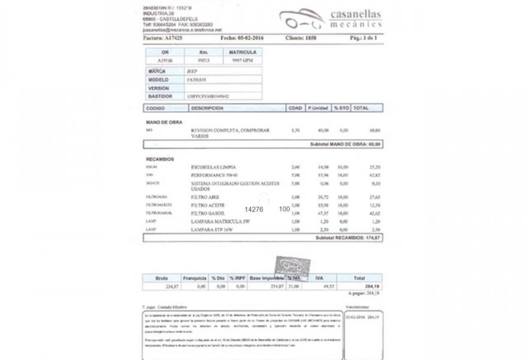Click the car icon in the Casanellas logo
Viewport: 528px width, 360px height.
[302, 19]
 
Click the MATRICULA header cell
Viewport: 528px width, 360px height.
[242, 52]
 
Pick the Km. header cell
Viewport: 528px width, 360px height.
[203, 52]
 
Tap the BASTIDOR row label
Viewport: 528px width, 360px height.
[160, 96]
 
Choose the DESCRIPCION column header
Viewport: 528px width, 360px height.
[207, 108]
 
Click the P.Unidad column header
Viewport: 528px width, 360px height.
[317, 108]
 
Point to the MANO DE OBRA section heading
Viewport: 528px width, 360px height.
[164, 122]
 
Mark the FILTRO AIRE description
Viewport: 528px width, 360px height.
[205, 197]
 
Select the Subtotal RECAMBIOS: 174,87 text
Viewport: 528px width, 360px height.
[348, 238]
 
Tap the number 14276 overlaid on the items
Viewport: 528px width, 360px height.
[254, 209]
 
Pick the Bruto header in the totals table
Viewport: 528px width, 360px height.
[161, 278]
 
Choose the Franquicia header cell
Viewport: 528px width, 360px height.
[194, 278]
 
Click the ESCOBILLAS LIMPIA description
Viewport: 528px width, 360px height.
[213, 166]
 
